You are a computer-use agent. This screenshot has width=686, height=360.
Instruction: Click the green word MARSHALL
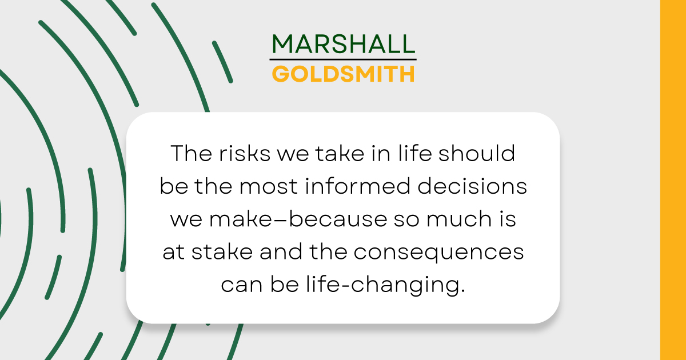(x=343, y=44)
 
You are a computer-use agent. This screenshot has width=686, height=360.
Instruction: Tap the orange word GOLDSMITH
(x=343, y=74)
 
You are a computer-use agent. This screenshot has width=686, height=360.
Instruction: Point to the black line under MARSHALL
(x=343, y=59)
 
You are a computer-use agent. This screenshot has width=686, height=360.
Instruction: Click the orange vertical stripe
(x=673, y=180)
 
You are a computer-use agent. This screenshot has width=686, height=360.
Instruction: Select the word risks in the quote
(x=245, y=153)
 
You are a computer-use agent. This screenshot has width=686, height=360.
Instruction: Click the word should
(x=477, y=153)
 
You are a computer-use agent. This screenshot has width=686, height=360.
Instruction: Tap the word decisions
(x=472, y=186)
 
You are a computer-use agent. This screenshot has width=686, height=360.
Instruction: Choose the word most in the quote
(x=268, y=186)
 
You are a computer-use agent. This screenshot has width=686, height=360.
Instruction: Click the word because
(x=338, y=218)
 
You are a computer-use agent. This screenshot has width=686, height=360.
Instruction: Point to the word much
(x=459, y=218)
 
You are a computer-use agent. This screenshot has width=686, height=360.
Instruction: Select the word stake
(x=222, y=251)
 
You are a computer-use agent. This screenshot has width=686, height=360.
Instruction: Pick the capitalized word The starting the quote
(x=192, y=153)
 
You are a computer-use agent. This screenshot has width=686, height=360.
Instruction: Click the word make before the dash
(x=241, y=218)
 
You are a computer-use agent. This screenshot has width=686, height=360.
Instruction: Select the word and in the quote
(x=281, y=251)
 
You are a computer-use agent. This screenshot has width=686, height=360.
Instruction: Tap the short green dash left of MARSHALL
(x=222, y=62)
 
